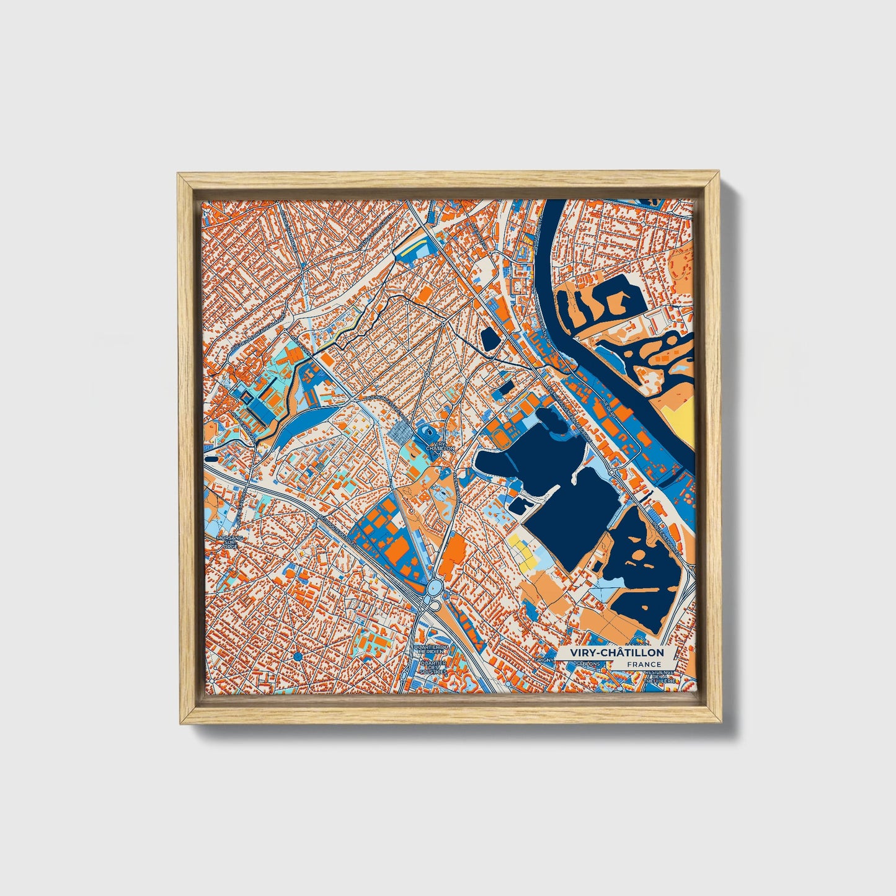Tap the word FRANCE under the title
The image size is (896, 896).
[644, 665]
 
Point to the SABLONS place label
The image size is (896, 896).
[588, 664]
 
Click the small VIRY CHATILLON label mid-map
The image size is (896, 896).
[441, 446]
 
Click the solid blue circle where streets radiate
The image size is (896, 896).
[298, 656]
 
